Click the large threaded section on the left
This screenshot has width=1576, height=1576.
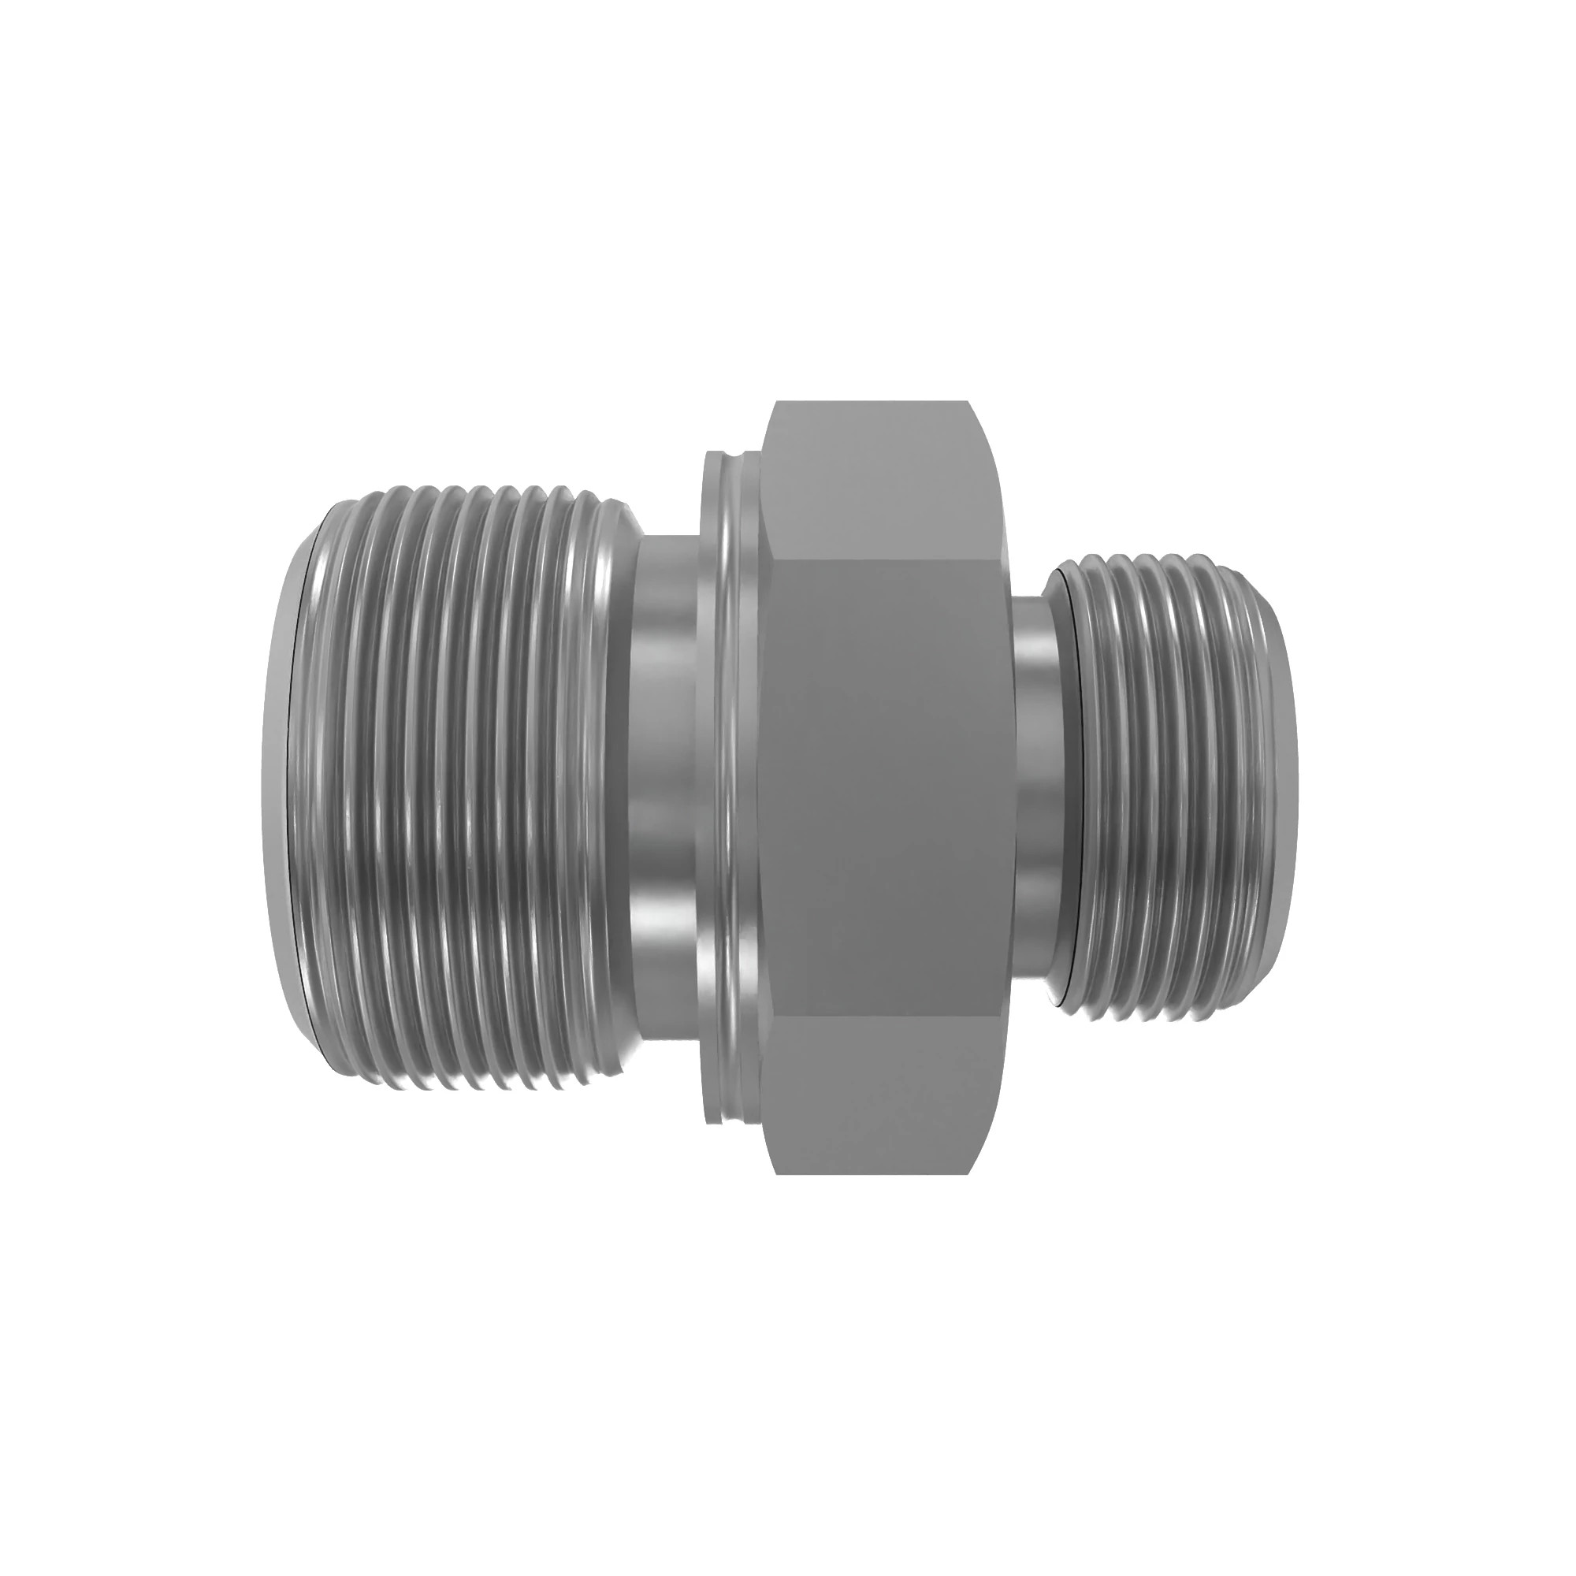(457, 787)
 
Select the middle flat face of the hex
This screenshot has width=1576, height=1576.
(885, 787)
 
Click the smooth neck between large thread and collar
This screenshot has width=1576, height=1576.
(665, 787)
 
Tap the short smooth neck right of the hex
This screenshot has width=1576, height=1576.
(1039, 787)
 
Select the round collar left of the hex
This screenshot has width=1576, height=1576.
(728, 787)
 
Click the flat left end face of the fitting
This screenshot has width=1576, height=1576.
(276, 787)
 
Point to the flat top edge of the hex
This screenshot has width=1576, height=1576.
(873, 402)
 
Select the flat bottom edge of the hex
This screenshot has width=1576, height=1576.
(873, 1173)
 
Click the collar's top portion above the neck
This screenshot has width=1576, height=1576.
(728, 489)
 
